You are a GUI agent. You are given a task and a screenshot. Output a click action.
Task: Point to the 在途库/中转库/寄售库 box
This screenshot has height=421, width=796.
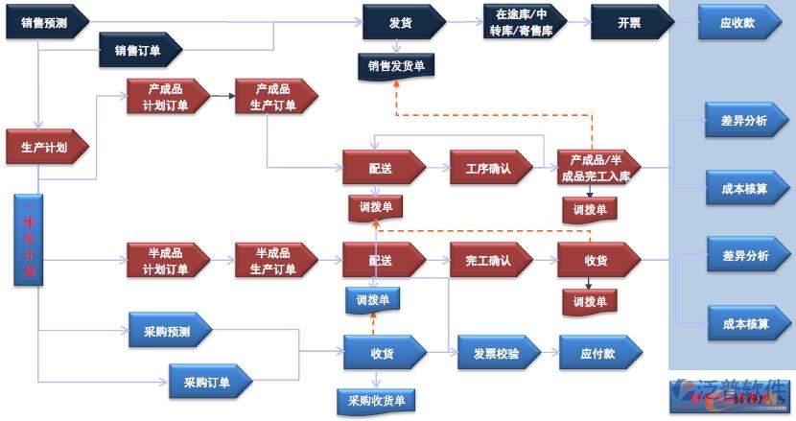pos(524,22)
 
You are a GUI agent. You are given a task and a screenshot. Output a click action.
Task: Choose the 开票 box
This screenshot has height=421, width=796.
pos(629,21)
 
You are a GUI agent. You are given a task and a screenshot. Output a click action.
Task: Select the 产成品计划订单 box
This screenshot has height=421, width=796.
pos(167,98)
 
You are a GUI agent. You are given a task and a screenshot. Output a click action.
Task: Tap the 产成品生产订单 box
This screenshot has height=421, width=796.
pos(275,98)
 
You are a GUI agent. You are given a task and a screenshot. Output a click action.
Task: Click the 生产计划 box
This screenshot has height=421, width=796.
pos(46,147)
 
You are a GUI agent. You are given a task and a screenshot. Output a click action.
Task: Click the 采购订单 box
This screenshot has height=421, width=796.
pos(209,382)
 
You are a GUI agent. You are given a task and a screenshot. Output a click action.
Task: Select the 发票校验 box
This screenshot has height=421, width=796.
pos(498,353)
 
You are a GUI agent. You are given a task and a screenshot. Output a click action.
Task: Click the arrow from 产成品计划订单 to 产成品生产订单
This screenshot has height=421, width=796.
pos(222,97)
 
